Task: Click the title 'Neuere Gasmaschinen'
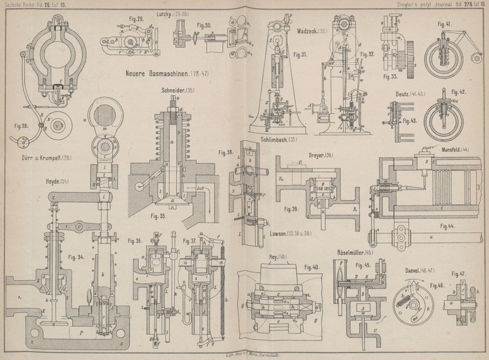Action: click(161, 75)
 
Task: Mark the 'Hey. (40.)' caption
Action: click(279, 257)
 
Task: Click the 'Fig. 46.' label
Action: click(436, 285)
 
